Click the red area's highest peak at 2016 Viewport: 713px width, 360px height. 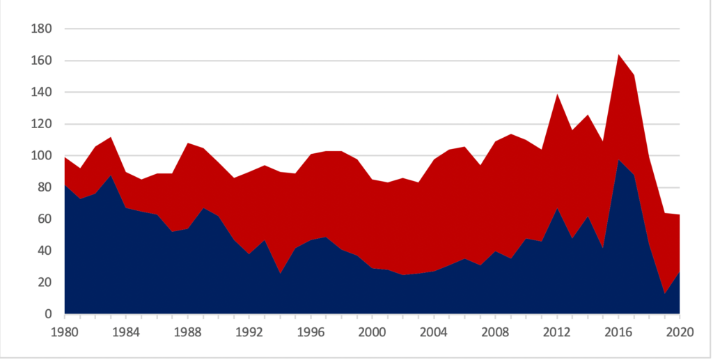click(x=618, y=55)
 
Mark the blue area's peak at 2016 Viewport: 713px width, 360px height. click(x=618, y=159)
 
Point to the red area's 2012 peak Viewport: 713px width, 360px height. click(x=557, y=94)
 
